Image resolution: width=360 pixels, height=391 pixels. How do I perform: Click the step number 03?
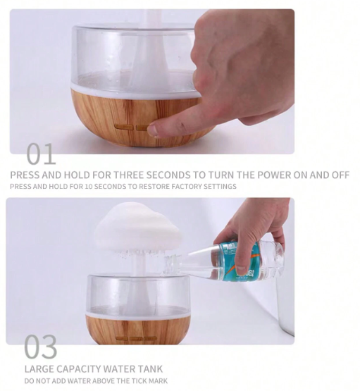(41, 347)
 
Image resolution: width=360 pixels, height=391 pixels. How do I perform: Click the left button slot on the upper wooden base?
(123, 128)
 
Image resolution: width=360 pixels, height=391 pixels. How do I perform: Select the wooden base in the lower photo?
(138, 329)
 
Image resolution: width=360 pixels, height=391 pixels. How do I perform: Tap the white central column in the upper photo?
(148, 63)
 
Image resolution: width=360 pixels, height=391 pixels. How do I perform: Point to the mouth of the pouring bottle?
(169, 264)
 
